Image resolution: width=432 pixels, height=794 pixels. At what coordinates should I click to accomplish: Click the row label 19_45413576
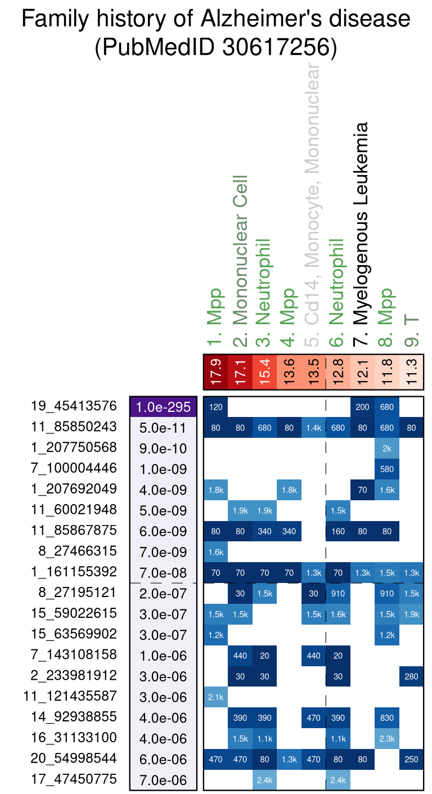(x=74, y=406)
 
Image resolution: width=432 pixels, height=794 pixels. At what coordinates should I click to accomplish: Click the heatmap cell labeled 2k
(x=386, y=448)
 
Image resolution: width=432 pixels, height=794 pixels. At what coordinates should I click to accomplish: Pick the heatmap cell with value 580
(x=386, y=469)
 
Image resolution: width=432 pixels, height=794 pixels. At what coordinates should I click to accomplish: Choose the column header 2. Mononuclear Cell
(x=240, y=257)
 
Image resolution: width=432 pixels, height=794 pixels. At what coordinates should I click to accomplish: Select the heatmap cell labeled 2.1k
(x=215, y=697)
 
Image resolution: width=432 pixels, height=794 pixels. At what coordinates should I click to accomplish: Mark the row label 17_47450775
(x=74, y=779)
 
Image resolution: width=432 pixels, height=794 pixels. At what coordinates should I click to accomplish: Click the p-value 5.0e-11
(x=163, y=428)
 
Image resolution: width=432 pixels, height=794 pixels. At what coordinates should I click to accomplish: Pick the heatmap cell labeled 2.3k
(x=386, y=738)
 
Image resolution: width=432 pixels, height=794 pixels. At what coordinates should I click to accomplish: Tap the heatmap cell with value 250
(x=411, y=759)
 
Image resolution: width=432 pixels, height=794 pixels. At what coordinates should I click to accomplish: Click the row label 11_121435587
(x=70, y=696)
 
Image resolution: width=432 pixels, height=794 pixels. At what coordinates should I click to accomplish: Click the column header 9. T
(x=411, y=330)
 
